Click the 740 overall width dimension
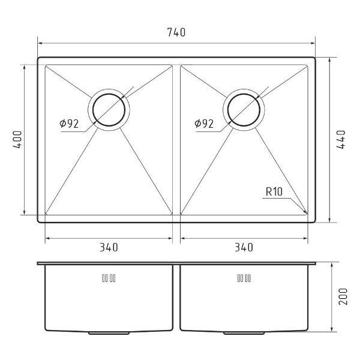176,32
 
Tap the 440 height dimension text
341,139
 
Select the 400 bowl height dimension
17,139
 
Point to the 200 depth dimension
343,296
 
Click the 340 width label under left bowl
109,247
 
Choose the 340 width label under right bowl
244,247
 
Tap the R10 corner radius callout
274,192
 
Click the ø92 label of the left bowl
69,124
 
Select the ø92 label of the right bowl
204,124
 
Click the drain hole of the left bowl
93,110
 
